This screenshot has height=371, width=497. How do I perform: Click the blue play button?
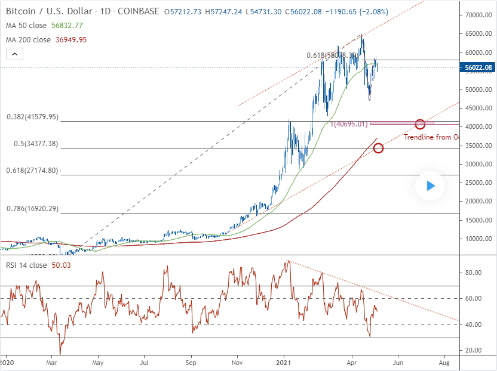(430, 186)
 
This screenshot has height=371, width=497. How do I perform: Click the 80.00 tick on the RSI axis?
(474, 273)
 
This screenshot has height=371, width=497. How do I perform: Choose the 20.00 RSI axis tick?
(474, 351)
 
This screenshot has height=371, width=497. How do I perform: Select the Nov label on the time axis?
(237, 362)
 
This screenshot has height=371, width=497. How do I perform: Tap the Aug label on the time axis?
(444, 362)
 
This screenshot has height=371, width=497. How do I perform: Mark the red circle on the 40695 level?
(420, 124)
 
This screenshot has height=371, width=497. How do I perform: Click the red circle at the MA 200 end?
(378, 148)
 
